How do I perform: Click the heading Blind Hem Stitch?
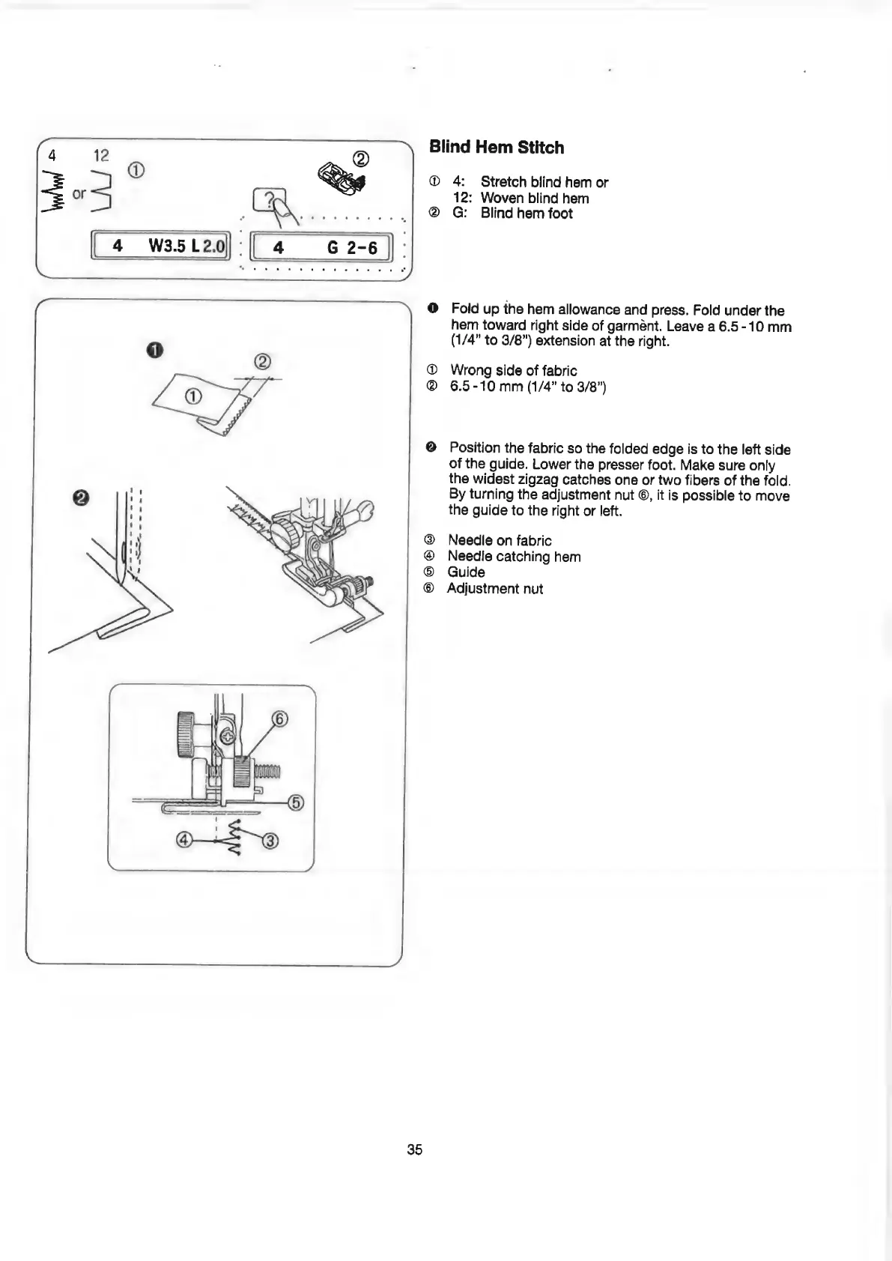point(497,148)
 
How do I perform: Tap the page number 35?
point(415,1149)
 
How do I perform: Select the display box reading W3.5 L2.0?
point(160,246)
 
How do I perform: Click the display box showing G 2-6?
point(323,247)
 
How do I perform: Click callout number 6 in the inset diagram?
point(279,720)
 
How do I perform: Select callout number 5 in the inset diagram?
point(296,803)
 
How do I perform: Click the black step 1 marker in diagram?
point(155,350)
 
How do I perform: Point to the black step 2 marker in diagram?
point(81,499)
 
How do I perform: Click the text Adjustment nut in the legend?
point(495,589)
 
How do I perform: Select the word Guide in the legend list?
point(466,572)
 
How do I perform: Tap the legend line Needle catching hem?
point(514,557)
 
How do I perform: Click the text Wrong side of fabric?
point(513,371)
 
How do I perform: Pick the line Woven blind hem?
point(534,199)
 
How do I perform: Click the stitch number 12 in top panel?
point(101,155)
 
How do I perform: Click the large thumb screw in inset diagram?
point(186,734)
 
